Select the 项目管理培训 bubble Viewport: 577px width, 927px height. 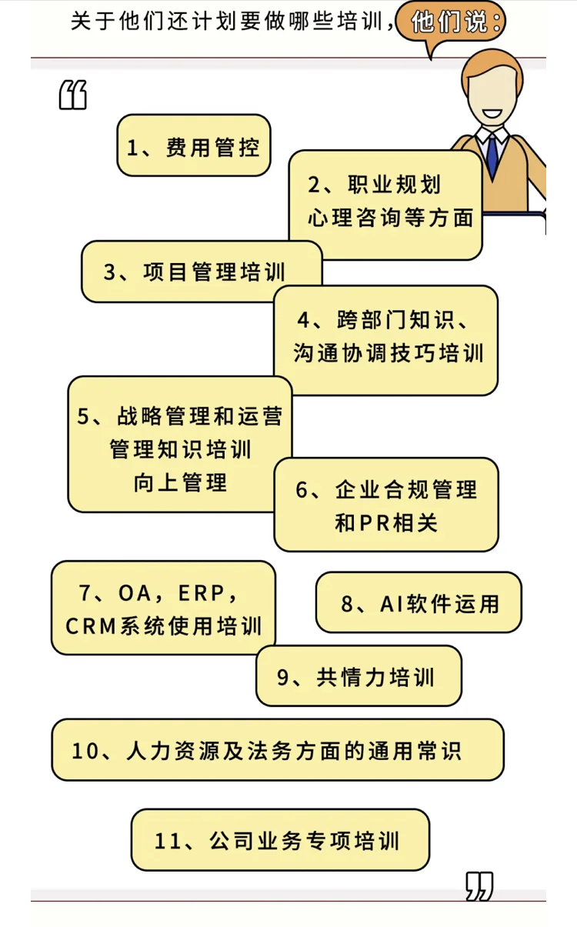click(x=202, y=272)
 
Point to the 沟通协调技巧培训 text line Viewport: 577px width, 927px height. click(x=389, y=352)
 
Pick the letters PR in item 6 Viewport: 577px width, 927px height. click(x=375, y=523)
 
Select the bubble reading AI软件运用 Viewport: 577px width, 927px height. click(x=419, y=603)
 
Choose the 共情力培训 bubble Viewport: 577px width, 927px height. click(x=359, y=676)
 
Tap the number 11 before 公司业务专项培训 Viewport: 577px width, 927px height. click(x=172, y=840)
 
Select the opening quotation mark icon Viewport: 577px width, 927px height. click(x=73, y=96)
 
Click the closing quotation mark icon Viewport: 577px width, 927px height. click(x=479, y=887)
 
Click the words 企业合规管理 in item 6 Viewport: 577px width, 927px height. click(x=406, y=490)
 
